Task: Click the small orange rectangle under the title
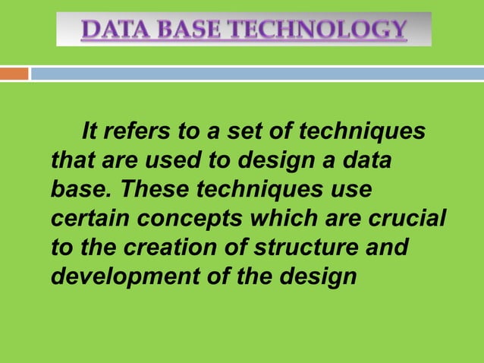point(14,74)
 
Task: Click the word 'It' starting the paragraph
point(90,131)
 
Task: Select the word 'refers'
point(137,131)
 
